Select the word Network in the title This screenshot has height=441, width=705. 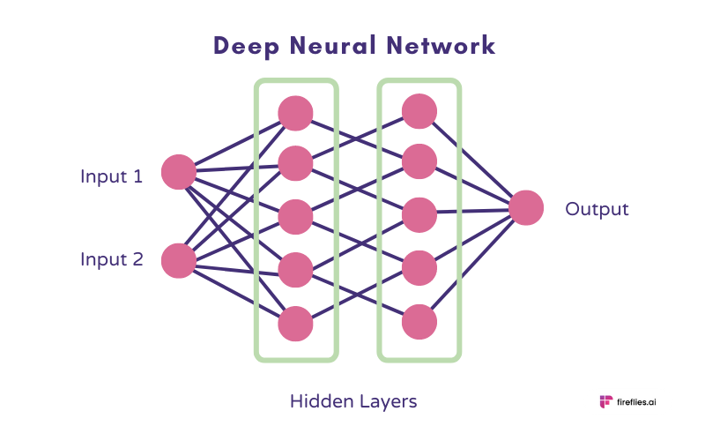444,46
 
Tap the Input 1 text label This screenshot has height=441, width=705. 111,176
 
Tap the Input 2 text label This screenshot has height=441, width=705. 111,259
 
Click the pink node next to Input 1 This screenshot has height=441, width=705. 179,172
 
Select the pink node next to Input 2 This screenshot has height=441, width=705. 179,260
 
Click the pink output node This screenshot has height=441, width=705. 526,208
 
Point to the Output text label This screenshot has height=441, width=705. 597,209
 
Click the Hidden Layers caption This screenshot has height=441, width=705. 352,401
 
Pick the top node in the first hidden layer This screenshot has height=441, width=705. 295,112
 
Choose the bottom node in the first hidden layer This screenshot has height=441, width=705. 295,324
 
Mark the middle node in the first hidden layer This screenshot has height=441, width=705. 295,217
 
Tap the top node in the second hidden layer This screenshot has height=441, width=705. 419,110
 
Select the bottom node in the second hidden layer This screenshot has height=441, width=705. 419,322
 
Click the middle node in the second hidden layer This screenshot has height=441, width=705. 419,214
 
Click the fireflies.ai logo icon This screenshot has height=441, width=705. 605,401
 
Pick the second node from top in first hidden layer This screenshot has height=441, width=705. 295,164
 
